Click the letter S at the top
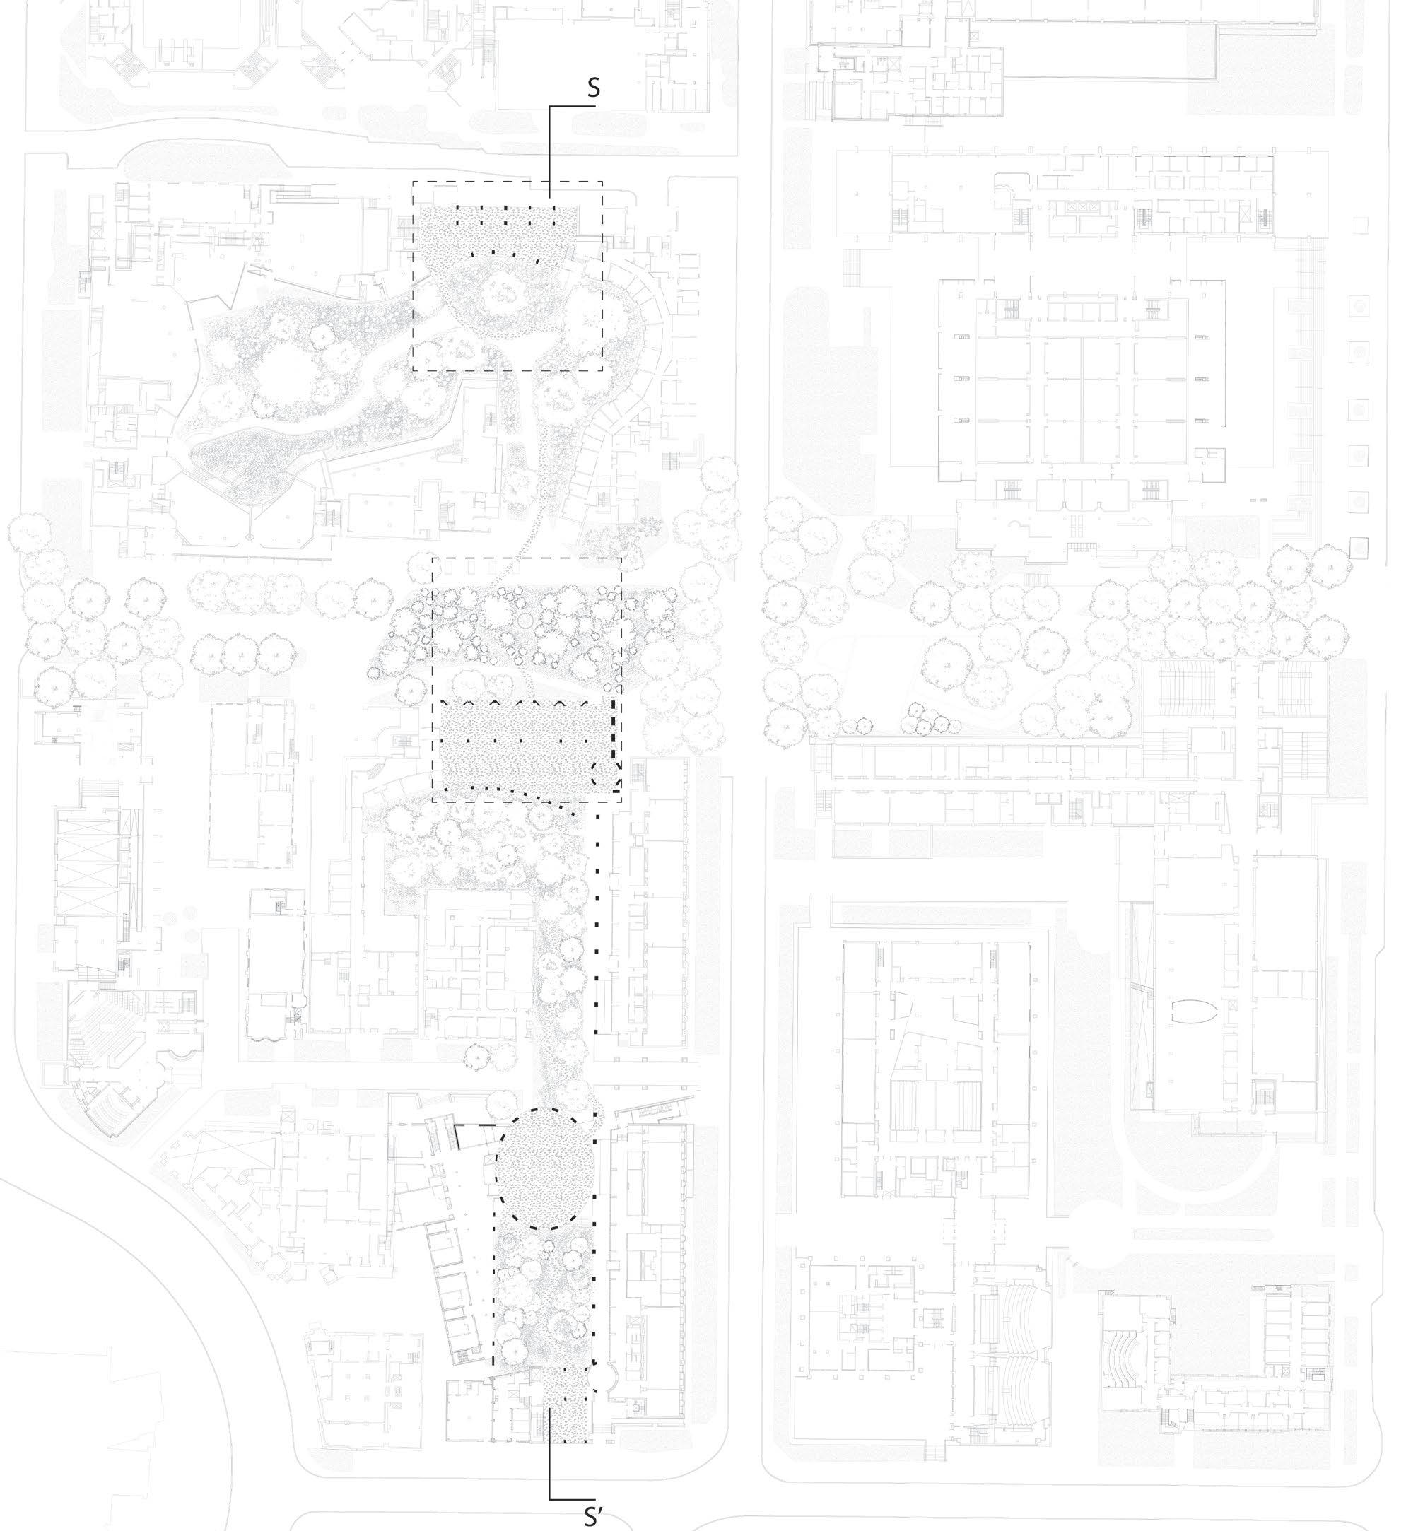[x=593, y=88]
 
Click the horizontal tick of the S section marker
[x=568, y=107]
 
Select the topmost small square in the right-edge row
[x=1360, y=225]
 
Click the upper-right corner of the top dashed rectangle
[x=602, y=182]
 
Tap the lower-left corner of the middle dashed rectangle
[x=433, y=803]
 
